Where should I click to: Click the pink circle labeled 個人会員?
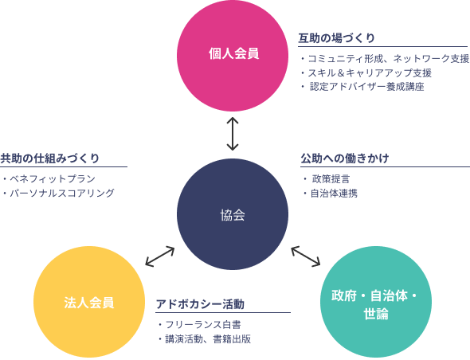(x=233, y=56)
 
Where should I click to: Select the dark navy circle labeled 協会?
(x=233, y=214)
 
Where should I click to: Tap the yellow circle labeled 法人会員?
(x=89, y=302)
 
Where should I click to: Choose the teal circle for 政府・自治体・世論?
(x=376, y=302)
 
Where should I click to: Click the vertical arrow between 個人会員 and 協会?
(x=233, y=134)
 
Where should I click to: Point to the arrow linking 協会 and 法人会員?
(x=160, y=256)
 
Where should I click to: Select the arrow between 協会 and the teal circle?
(x=305, y=256)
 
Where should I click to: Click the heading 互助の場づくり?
(x=336, y=38)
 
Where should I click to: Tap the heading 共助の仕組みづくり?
(x=49, y=158)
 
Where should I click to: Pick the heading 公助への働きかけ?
(x=345, y=158)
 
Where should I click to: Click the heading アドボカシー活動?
(x=200, y=304)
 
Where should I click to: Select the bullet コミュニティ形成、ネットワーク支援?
(x=385, y=59)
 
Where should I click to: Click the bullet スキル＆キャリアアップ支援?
(x=366, y=72)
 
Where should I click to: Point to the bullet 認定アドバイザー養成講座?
(x=362, y=87)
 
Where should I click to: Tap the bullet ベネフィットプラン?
(x=49, y=179)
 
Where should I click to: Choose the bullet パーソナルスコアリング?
(x=58, y=193)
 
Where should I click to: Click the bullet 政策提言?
(x=327, y=179)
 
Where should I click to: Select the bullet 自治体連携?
(x=330, y=193)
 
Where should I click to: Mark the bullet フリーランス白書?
(x=199, y=325)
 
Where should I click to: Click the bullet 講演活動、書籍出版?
(x=205, y=339)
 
